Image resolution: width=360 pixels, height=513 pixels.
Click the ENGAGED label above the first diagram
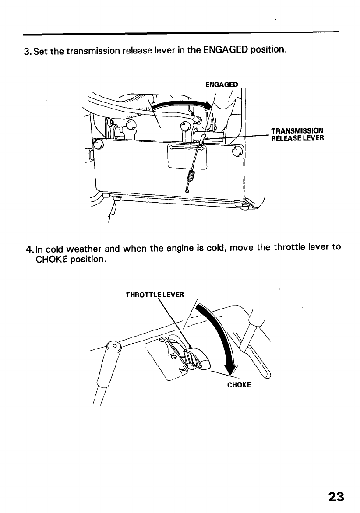tap(222, 84)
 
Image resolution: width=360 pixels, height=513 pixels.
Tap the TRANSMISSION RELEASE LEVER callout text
tap(297, 134)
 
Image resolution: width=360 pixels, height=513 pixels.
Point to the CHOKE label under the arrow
tap(239, 385)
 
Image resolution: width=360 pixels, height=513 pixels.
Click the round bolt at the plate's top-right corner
tap(237, 151)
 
